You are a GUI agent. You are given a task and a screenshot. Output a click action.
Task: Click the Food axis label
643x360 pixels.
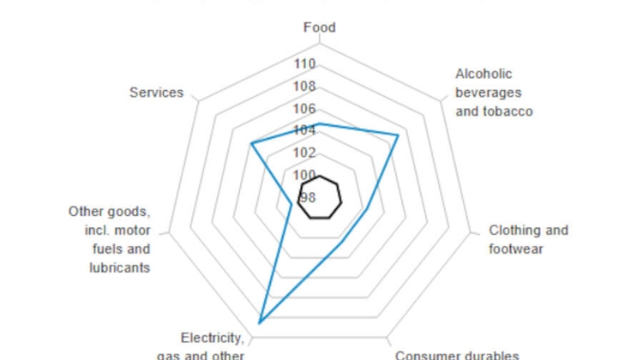click(320, 27)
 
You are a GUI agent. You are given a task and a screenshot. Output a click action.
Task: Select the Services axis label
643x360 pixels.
click(156, 92)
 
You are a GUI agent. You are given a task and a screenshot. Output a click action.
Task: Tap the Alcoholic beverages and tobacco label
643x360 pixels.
click(493, 93)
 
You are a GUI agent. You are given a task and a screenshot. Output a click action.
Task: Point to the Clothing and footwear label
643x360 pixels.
click(528, 239)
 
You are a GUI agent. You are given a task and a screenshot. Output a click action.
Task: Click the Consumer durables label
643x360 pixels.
click(457, 354)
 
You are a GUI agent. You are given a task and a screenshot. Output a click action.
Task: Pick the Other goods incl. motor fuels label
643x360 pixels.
click(110, 239)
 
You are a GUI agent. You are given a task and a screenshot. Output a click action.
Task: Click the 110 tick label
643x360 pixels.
click(304, 64)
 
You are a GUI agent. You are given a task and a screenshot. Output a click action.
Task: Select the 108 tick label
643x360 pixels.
click(304, 87)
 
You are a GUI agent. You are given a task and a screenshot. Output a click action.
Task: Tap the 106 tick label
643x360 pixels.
click(304, 109)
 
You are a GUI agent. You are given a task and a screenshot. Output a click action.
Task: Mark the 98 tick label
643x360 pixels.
click(307, 197)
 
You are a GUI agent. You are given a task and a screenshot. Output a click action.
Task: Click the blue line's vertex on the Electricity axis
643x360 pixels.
click(259, 321)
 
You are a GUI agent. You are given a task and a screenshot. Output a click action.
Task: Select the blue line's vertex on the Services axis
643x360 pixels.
click(250, 143)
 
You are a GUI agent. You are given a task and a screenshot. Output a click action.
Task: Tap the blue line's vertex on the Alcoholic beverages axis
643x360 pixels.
click(399, 135)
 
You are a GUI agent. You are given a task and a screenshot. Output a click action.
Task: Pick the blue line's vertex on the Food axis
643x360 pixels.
click(320, 124)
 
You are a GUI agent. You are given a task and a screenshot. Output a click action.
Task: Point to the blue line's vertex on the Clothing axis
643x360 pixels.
click(368, 208)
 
